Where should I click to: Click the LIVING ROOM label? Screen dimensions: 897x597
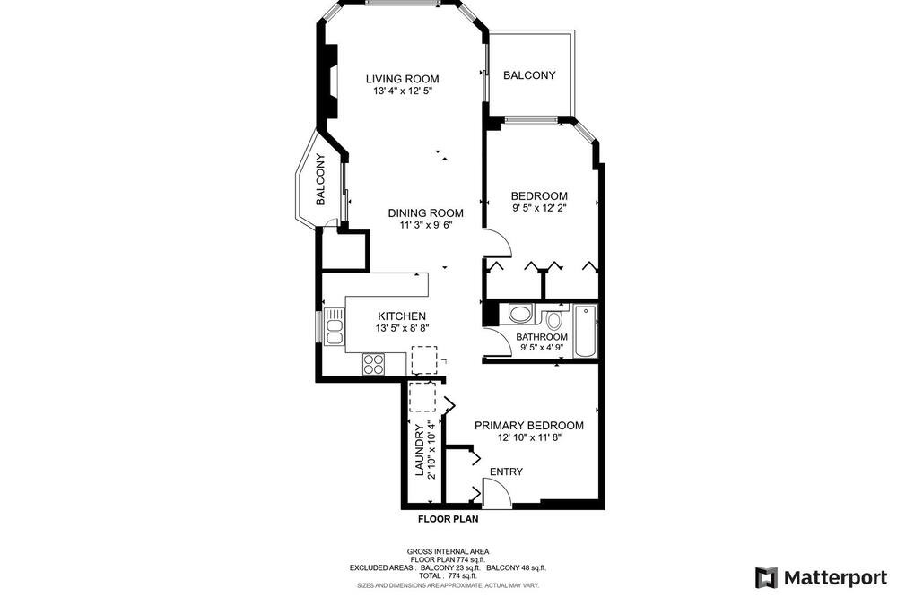(x=402, y=79)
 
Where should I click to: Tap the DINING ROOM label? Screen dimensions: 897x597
(x=425, y=212)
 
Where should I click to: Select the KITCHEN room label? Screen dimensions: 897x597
(x=402, y=316)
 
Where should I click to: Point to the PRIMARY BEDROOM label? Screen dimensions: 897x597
(x=529, y=426)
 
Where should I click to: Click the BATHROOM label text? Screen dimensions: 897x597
(x=542, y=337)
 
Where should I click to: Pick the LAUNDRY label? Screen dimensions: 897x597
(x=419, y=450)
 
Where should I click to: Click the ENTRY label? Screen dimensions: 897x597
(x=506, y=472)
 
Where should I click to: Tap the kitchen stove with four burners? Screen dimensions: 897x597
(x=373, y=364)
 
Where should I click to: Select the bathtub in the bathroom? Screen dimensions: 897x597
(x=585, y=332)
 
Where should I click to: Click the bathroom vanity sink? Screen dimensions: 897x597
(x=520, y=314)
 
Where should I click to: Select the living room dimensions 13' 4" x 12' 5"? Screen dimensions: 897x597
(x=402, y=91)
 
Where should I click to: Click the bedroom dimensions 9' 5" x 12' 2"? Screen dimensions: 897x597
(x=539, y=208)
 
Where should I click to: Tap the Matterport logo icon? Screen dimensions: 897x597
(x=767, y=577)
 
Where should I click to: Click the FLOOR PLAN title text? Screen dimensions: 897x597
(x=448, y=519)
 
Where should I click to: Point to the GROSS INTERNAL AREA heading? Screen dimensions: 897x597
(x=448, y=551)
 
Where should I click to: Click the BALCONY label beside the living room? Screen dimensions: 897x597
(x=529, y=75)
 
